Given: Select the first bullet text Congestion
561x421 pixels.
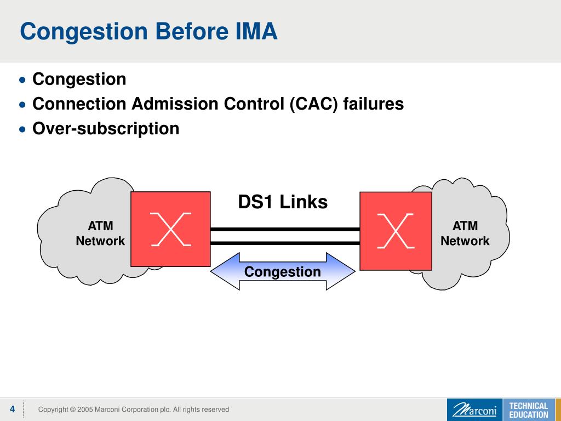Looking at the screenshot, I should [79, 79].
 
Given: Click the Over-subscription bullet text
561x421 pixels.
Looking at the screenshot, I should [106, 128].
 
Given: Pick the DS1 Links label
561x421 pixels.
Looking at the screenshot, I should [283, 202].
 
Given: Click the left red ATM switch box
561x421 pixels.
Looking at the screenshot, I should [170, 229].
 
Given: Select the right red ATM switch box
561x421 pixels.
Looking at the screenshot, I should [396, 230].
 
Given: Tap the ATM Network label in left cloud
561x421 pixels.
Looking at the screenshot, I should [100, 233].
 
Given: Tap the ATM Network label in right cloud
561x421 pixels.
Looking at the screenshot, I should [465, 233].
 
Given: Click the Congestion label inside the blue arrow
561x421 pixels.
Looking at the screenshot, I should [283, 271].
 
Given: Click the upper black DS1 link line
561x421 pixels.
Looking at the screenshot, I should [285, 229].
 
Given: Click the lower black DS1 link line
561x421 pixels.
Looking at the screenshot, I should [285, 243].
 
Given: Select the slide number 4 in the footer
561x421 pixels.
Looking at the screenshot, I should [12, 409].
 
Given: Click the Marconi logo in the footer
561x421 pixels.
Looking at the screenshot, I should [474, 410].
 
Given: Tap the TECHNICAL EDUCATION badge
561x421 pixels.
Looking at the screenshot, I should [528, 410].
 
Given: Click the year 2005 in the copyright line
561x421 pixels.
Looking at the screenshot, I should [85, 409].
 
